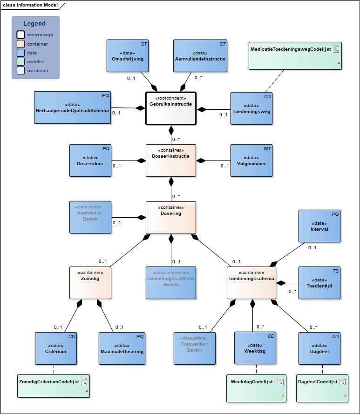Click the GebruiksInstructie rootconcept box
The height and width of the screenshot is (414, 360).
click(170, 108)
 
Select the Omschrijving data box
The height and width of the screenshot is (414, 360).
click(127, 56)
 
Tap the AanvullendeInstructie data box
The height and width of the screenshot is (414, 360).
click(200, 56)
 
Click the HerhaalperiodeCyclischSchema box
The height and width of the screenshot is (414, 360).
click(72, 107)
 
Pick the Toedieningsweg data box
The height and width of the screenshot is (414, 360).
click(251, 108)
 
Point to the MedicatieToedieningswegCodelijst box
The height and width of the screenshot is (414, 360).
click(295, 56)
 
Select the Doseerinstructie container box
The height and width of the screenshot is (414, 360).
click(170, 160)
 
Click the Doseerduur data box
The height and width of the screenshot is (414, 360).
click(90, 160)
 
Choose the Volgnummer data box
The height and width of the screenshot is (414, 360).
click(251, 160)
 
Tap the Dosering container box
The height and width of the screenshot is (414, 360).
click(170, 217)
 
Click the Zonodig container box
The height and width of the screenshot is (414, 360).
click(90, 282)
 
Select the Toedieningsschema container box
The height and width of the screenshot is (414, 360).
click(251, 282)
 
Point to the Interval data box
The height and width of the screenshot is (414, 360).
click(319, 226)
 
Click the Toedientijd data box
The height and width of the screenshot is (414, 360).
click(319, 282)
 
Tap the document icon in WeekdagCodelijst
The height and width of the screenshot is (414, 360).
click(281, 381)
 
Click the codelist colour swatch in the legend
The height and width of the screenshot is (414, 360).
click(20, 62)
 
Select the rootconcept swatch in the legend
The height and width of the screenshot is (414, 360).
click(20, 35)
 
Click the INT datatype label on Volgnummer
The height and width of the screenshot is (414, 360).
click(267, 149)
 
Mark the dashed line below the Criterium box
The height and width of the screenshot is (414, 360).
click(54, 369)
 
